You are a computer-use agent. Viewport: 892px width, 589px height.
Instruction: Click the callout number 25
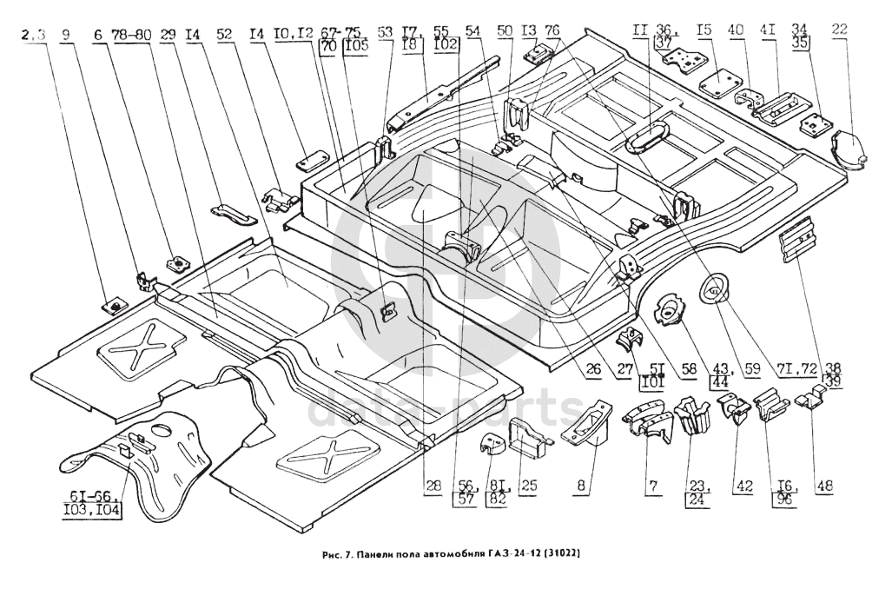529,486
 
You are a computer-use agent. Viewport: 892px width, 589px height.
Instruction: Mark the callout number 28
432,486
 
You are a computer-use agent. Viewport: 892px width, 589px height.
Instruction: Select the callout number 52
225,36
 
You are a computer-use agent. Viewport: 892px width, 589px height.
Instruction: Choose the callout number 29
168,36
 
